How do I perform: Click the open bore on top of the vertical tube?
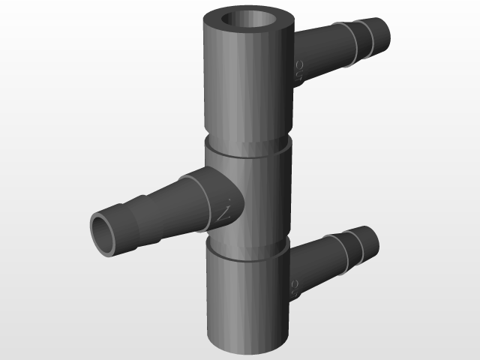click(248, 22)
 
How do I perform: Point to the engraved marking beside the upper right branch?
click(298, 70)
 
